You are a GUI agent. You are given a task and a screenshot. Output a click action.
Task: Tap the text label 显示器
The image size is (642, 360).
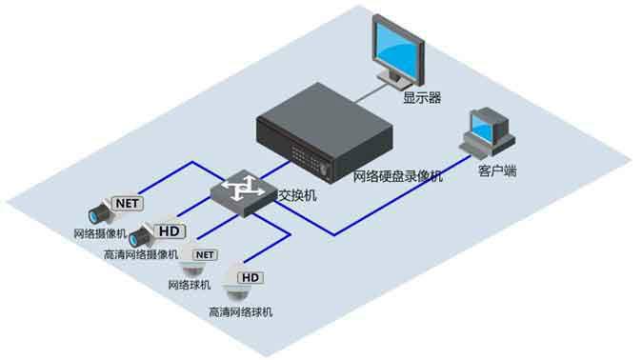click(x=421, y=97)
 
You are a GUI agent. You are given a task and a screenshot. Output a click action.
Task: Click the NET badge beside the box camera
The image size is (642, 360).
click(x=128, y=203)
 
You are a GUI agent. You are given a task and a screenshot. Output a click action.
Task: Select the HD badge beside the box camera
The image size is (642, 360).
click(x=171, y=230)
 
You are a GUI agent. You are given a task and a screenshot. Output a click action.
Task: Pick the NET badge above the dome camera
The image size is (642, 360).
click(x=205, y=255)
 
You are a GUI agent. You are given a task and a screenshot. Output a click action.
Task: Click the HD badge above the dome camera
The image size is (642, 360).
click(x=251, y=278)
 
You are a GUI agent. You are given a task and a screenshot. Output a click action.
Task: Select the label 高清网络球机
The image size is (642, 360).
click(x=241, y=311)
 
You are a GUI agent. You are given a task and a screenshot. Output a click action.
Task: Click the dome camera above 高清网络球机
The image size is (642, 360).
click(x=233, y=290)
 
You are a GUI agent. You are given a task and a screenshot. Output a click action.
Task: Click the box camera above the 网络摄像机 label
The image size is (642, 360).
click(x=99, y=212)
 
